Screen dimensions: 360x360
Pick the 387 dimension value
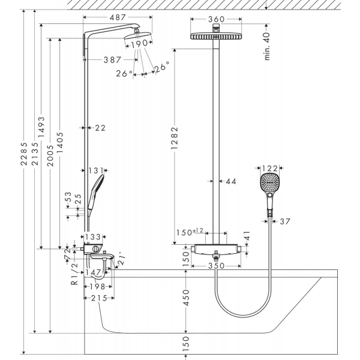click(x=112, y=59)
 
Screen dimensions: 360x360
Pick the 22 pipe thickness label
click(x=100, y=127)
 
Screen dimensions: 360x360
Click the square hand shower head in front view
click(x=271, y=184)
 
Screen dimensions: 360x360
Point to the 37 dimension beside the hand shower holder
click(x=284, y=221)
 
